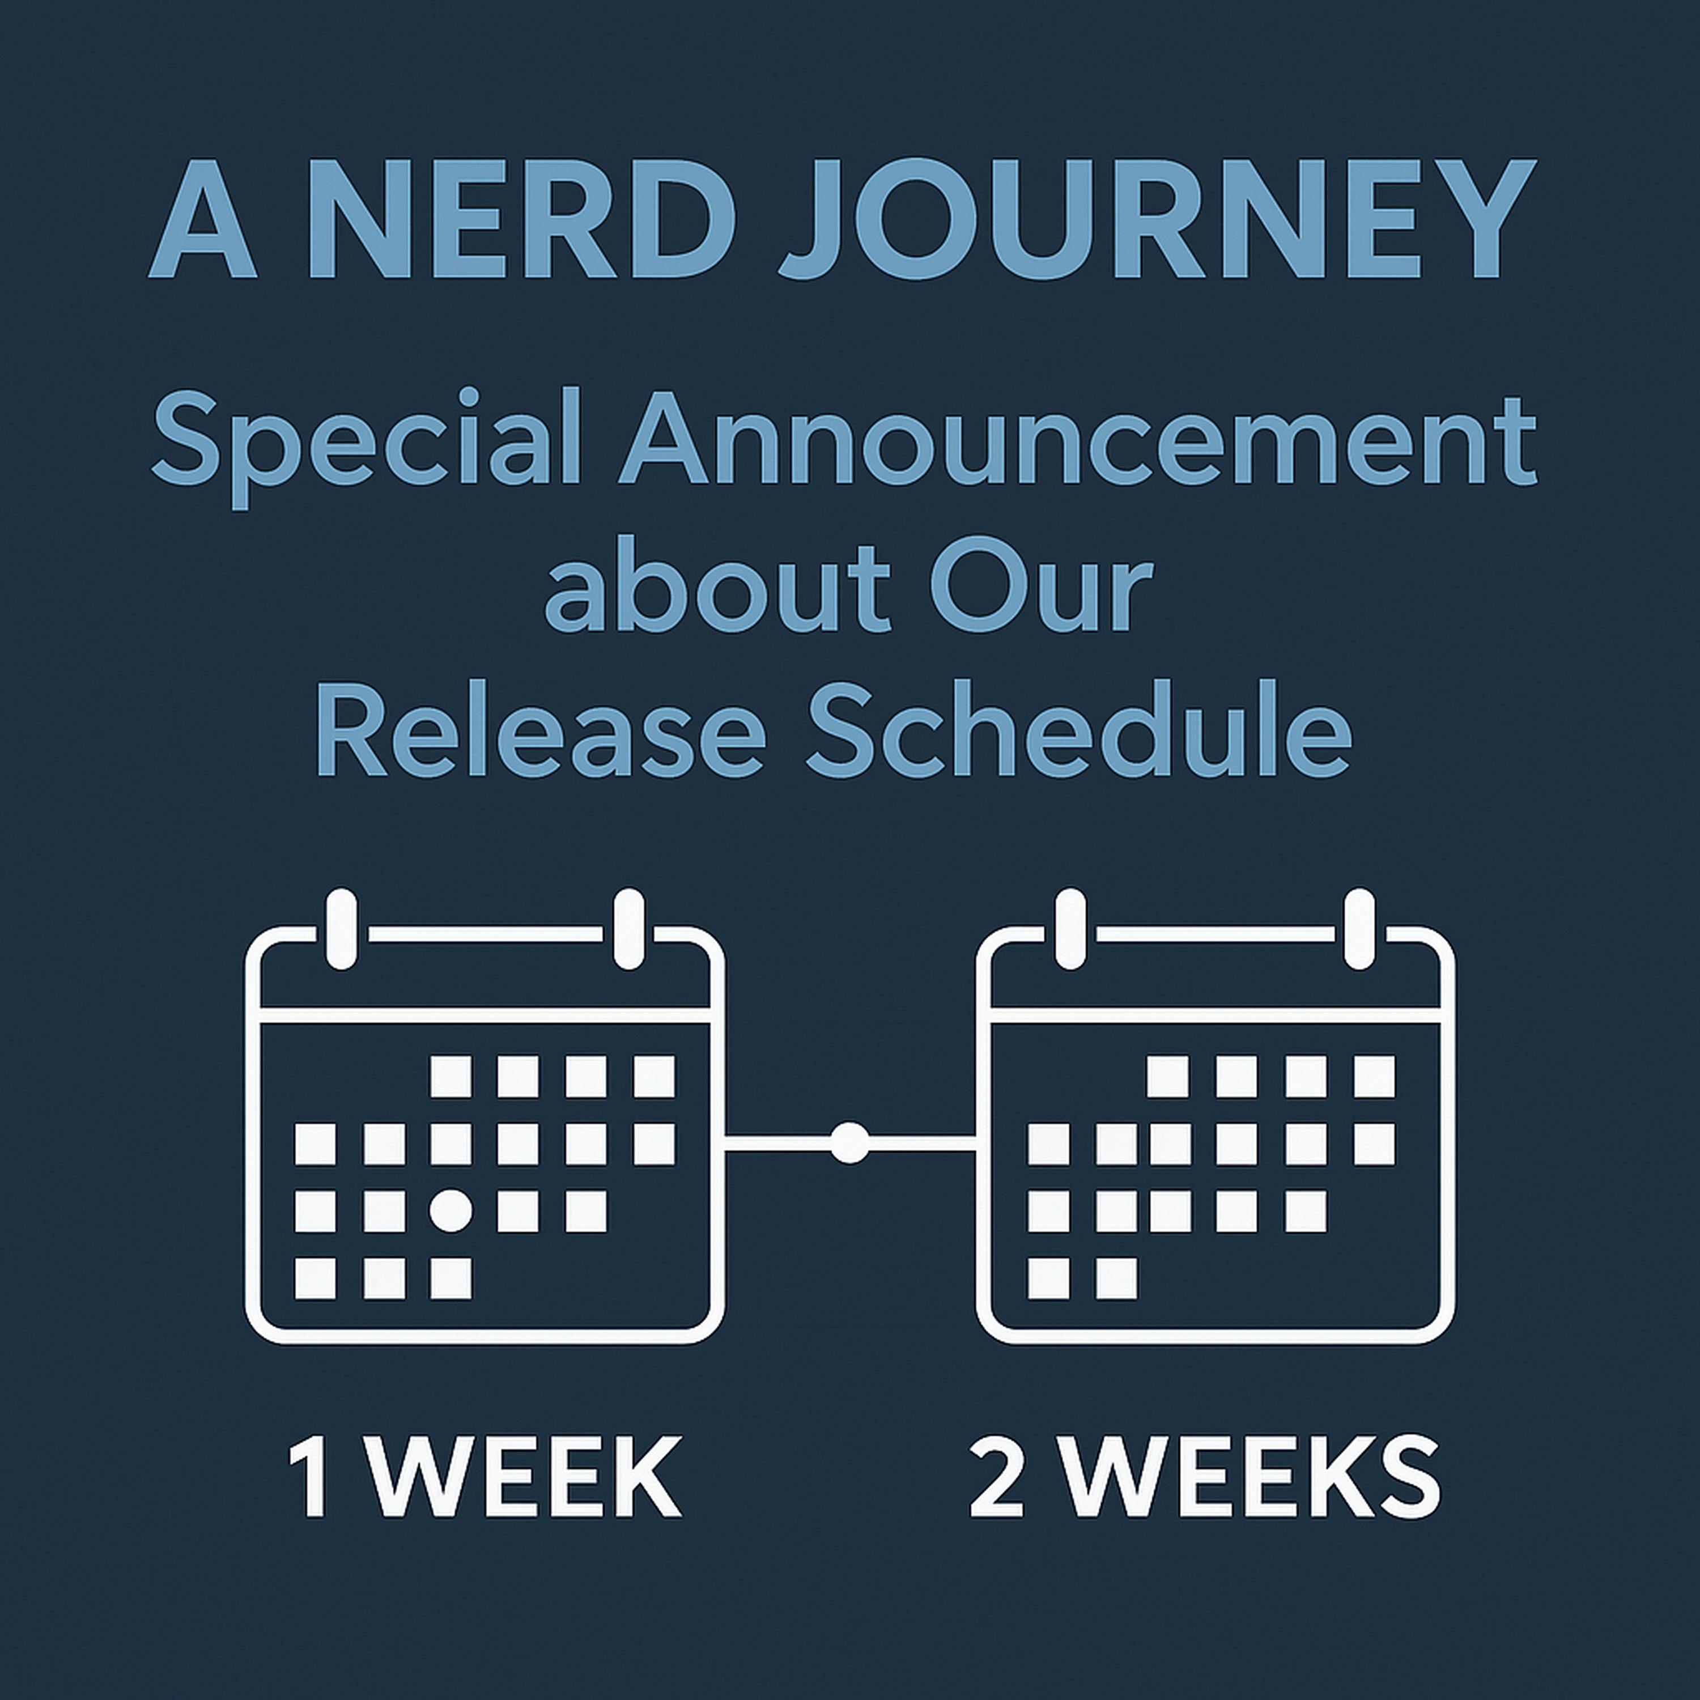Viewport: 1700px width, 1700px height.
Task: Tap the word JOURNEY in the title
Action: [x=1158, y=220]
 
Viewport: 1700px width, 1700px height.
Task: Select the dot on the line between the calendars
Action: [x=849, y=1143]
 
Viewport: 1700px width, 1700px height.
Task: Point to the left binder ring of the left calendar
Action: [x=341, y=929]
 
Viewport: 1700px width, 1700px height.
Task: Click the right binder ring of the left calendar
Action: [x=629, y=929]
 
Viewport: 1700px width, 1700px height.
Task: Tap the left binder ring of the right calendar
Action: [x=1070, y=929]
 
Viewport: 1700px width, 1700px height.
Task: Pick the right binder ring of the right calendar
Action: [x=1359, y=929]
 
